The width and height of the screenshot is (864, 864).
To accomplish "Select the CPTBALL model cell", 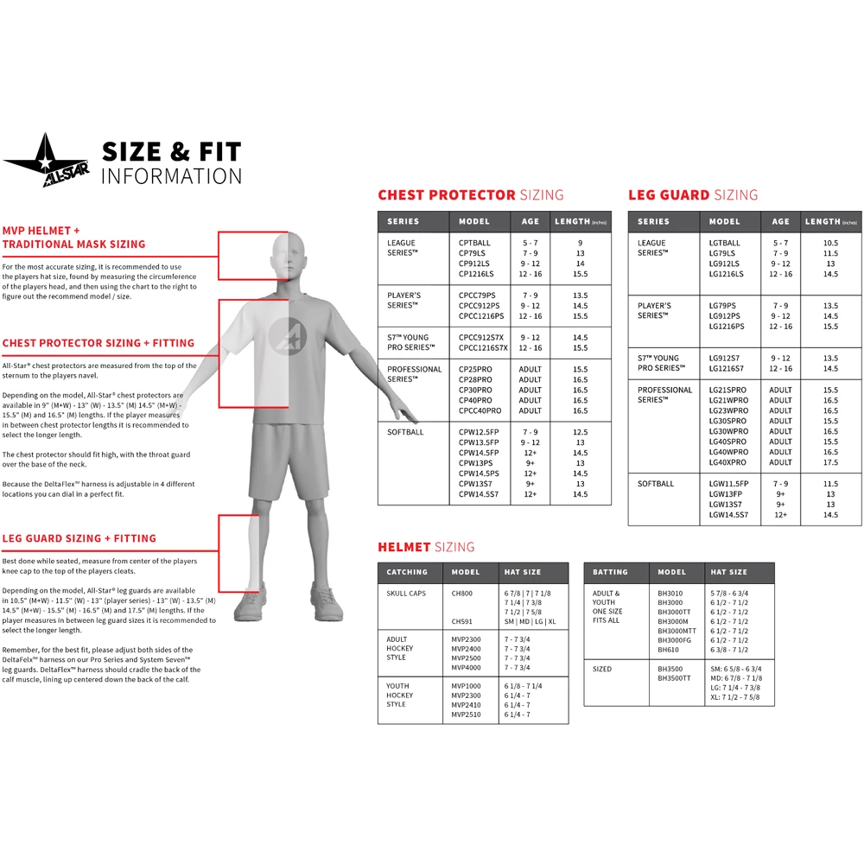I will click(x=474, y=244).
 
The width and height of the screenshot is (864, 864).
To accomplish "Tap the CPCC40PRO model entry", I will click(x=480, y=410).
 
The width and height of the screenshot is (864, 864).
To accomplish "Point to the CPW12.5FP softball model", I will click(x=479, y=432).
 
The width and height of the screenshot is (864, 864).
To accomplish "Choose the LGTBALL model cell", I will click(x=725, y=244).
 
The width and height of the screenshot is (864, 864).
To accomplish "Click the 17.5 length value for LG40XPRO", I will click(x=830, y=462).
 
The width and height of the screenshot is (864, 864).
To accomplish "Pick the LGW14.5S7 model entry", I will click(x=728, y=515).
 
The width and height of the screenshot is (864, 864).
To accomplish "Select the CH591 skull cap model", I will click(x=461, y=621).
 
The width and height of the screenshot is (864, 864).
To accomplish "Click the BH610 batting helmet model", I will click(x=669, y=650).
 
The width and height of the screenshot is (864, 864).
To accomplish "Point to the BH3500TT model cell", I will click(x=674, y=679).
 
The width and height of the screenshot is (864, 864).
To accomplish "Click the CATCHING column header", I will click(x=407, y=572).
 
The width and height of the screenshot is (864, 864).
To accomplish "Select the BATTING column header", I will click(x=610, y=572).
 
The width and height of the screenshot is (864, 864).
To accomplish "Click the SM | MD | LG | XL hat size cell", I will click(x=530, y=621).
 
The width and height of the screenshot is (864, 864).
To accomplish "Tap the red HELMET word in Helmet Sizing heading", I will click(x=403, y=547).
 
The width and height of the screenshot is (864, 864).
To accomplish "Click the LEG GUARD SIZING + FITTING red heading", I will click(x=79, y=538).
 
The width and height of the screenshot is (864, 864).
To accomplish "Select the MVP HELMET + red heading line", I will click(x=41, y=231).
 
